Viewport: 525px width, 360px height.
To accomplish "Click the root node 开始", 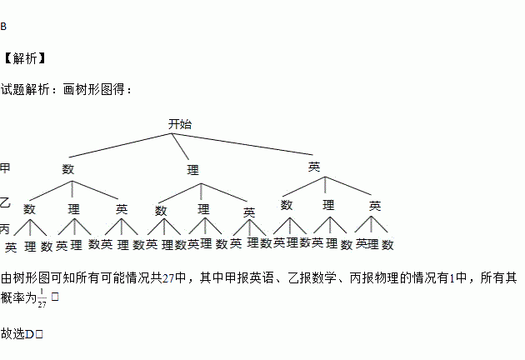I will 179,124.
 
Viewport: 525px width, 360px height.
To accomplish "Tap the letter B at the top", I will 3,27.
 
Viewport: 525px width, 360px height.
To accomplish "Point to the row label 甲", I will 5,168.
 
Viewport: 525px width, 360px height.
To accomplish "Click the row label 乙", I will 5,202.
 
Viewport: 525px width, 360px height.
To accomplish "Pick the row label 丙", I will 5,227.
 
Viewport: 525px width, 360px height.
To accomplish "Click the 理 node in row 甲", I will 193,170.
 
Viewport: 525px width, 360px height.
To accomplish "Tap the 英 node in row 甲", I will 314,167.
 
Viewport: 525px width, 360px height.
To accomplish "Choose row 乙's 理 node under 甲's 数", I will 74,207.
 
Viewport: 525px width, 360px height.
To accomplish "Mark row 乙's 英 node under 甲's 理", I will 249,212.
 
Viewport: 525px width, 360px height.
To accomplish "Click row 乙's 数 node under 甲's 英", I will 287,205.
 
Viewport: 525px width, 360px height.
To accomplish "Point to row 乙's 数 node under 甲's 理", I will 161,210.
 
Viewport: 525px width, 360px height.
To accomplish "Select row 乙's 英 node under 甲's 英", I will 375,205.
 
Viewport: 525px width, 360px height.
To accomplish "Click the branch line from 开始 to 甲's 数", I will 122,144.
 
